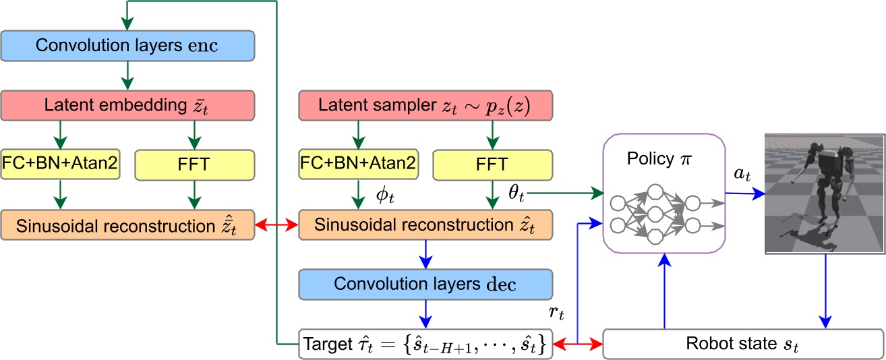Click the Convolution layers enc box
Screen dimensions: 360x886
[x=127, y=45]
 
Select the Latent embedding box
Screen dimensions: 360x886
[x=127, y=106]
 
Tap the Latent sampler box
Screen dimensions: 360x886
[x=425, y=106]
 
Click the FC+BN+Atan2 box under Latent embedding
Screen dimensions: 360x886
[x=61, y=164]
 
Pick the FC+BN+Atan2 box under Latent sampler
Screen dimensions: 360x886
[x=358, y=164]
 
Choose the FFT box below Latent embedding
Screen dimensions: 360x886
[x=195, y=164]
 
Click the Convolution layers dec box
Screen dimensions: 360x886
[x=425, y=284]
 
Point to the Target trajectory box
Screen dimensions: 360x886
[x=425, y=344]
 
